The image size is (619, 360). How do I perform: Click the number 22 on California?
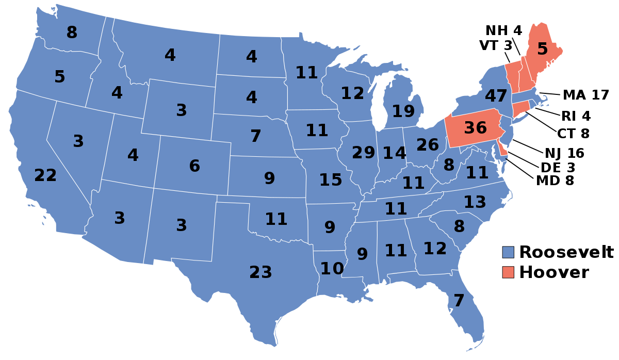click(45, 176)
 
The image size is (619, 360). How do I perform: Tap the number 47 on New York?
click(496, 96)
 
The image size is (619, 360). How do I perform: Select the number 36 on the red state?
click(475, 128)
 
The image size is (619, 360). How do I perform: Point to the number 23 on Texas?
click(260, 272)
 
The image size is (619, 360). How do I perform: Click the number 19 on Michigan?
click(403, 111)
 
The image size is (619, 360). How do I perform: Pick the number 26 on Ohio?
click(428, 145)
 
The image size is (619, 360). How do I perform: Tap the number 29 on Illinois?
click(364, 153)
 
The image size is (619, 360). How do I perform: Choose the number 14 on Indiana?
click(395, 153)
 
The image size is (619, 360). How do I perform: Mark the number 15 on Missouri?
click(331, 180)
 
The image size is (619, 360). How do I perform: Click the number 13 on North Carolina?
click(475, 203)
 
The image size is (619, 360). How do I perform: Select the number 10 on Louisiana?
click(332, 269)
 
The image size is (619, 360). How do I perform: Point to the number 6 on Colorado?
click(194, 166)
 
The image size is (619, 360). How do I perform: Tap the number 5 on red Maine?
click(542, 49)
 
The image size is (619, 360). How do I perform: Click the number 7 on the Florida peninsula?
click(459, 301)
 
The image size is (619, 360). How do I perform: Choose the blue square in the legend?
click(508, 252)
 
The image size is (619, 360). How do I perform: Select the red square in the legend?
click(508, 272)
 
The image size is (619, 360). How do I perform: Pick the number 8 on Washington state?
click(72, 32)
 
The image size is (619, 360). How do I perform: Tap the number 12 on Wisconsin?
click(352, 93)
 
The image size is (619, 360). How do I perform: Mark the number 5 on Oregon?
click(60, 77)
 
